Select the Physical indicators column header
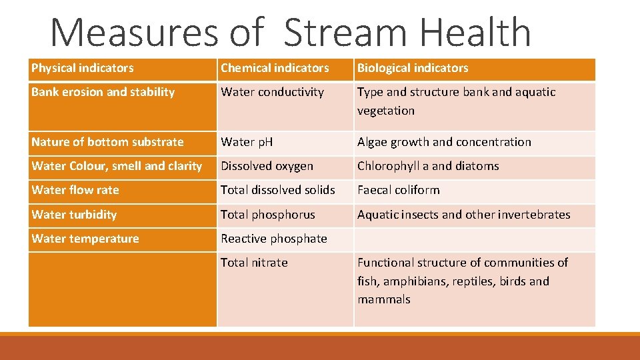click(83, 68)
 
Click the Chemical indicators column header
click(275, 68)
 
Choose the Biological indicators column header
click(413, 68)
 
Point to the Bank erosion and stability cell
click(103, 92)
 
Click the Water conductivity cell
click(272, 92)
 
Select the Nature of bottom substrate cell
click(107, 142)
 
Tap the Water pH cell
click(247, 142)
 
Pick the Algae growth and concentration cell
click(444, 142)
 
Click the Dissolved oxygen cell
click(267, 166)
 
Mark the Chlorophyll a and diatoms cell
click(428, 166)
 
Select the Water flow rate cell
click(75, 190)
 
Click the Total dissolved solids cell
click(278, 190)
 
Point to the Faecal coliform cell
click(399, 190)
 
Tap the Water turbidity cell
click(74, 215)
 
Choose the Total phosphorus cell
click(268, 215)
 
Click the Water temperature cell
click(85, 239)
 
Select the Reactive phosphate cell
click(274, 239)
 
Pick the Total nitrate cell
click(254, 263)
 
